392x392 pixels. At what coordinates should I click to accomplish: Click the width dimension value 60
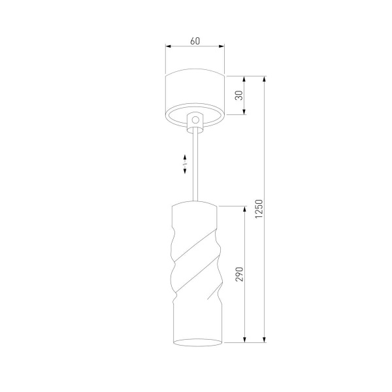click(195, 41)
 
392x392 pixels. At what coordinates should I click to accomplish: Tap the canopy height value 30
click(239, 95)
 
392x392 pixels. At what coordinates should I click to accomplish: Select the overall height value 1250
click(259, 209)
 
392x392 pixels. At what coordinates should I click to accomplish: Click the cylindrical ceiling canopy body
click(195, 91)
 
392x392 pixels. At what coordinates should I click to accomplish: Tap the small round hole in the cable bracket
click(195, 120)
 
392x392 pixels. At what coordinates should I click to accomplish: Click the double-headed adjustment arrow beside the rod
click(186, 164)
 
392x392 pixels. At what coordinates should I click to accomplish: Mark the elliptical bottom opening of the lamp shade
click(195, 342)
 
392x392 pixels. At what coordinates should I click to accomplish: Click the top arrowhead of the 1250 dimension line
click(264, 79)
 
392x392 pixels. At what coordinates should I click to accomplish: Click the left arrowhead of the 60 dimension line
click(168, 47)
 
